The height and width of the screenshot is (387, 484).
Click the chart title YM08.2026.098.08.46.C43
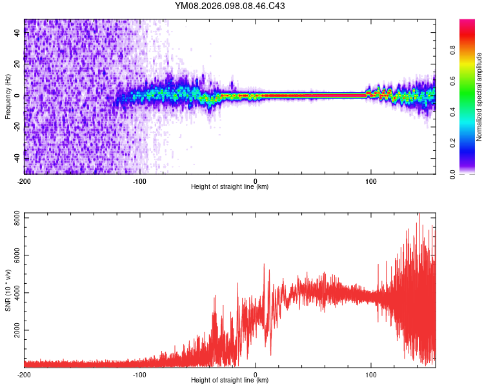coord(230,6)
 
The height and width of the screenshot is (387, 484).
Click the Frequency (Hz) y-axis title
coord(8,96)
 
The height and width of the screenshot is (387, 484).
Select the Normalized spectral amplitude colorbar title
coord(479,96)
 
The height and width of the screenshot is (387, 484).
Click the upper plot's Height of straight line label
coord(230,187)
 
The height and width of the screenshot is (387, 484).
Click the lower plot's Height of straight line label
coord(230,381)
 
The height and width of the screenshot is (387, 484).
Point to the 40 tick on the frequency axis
coord(17,33)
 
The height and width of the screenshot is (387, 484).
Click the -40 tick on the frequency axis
coord(17,158)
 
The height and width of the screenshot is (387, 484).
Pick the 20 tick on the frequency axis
coord(17,64)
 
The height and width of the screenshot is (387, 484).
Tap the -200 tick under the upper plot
coord(25,181)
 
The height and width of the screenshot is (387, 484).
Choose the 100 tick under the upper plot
coord(371,181)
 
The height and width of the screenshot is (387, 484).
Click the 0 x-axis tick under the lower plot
coord(256,374)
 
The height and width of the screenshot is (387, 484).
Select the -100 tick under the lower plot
coord(140,374)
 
